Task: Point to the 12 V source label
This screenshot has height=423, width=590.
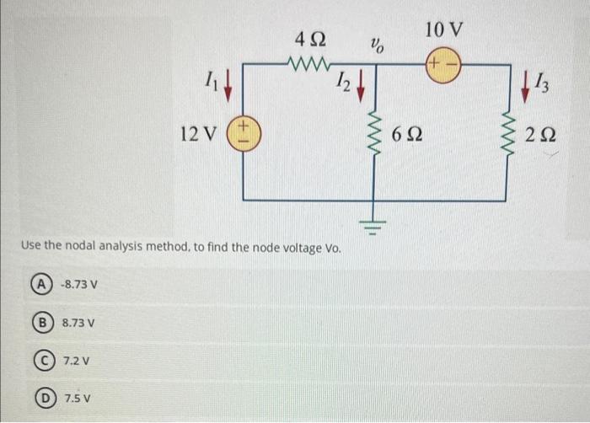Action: coord(199,134)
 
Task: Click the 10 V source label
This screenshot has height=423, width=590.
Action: coord(444,29)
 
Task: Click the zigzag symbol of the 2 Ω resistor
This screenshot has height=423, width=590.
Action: coord(507,132)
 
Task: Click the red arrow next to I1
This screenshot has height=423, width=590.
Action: coord(227,85)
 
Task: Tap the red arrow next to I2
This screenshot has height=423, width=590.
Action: coord(360,85)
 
